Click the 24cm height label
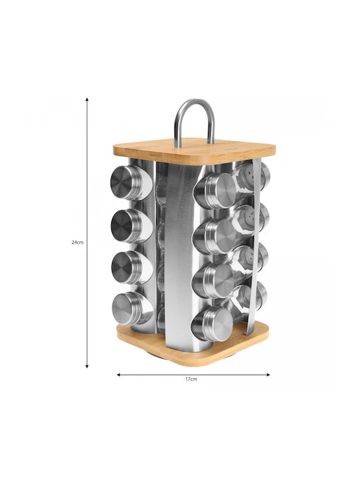click(x=77, y=242)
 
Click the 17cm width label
click(x=191, y=379)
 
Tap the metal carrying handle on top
click(x=195, y=121)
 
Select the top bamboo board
click(x=195, y=151)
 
